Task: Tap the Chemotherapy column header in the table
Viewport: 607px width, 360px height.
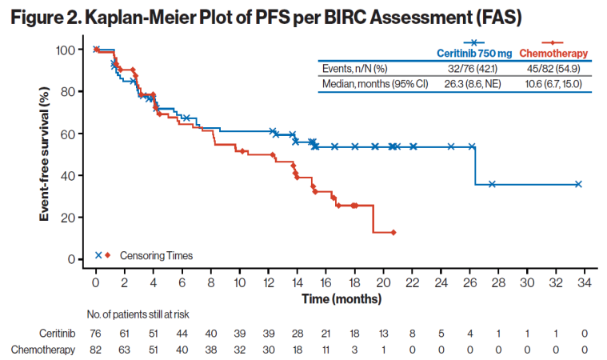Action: click(x=553, y=53)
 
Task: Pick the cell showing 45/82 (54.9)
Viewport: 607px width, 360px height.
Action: click(x=553, y=68)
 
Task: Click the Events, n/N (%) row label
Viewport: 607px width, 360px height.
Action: click(x=353, y=68)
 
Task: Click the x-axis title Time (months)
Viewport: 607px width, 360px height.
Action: click(x=335, y=298)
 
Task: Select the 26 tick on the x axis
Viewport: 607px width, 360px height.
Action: click(x=470, y=283)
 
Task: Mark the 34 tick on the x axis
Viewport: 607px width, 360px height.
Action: click(x=585, y=283)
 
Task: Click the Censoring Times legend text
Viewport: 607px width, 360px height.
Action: click(x=156, y=256)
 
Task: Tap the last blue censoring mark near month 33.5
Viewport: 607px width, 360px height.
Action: click(x=578, y=184)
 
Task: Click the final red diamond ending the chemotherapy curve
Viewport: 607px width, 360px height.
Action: click(x=393, y=232)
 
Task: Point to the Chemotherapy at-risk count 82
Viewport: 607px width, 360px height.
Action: click(x=96, y=349)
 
